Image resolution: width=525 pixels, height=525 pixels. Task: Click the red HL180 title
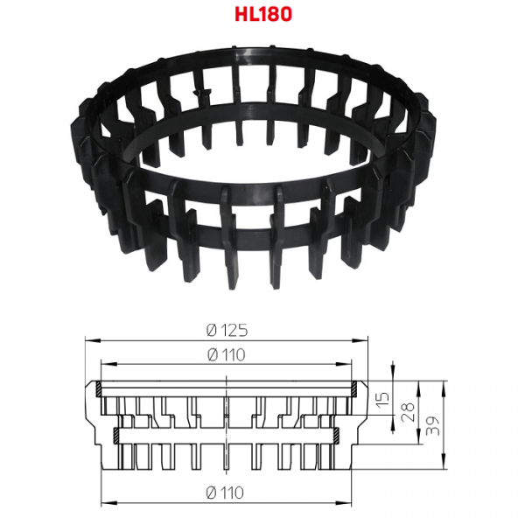click(263, 14)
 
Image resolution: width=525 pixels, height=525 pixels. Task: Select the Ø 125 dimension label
click(227, 331)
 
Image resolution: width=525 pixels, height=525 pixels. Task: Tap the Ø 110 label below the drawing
click(225, 493)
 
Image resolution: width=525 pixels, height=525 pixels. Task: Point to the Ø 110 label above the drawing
click(227, 355)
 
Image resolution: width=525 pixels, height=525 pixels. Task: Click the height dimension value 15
click(383, 398)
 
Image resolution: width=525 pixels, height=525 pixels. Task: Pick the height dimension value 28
click(408, 412)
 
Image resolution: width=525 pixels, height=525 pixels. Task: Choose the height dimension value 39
click(432, 426)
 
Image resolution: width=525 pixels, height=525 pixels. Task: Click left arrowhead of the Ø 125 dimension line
click(93, 340)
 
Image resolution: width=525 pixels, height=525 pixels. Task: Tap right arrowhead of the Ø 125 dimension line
click(360, 340)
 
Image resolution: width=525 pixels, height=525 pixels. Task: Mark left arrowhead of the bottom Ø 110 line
click(108, 502)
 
